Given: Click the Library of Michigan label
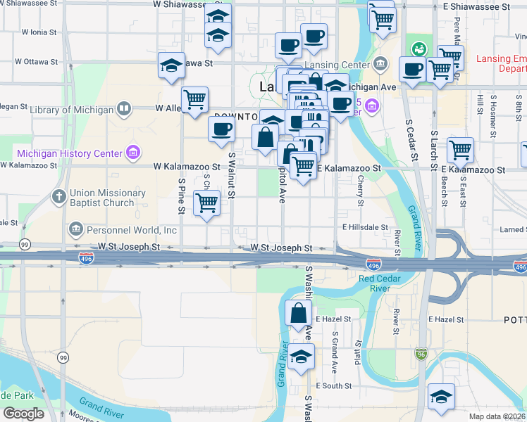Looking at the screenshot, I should (x=73, y=110).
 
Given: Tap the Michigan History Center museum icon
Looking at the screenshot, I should (x=132, y=153).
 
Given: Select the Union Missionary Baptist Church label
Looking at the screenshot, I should (x=102, y=198).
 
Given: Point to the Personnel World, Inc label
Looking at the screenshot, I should (x=131, y=230).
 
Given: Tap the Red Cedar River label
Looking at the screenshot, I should (x=384, y=283).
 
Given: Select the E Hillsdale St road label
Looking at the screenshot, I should (x=365, y=227).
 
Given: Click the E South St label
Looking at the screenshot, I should (x=333, y=386).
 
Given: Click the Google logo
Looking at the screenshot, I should (x=23, y=414).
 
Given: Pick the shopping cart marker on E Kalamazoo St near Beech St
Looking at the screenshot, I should (x=460, y=150).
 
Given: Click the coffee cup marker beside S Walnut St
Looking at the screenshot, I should (x=222, y=129).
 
